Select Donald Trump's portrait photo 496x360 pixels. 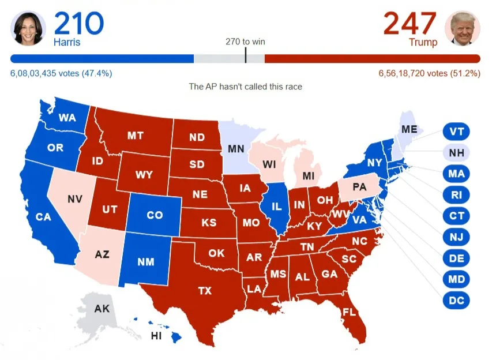click(462, 28)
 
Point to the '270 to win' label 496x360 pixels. click(245, 42)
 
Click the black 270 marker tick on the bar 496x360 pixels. click(246, 56)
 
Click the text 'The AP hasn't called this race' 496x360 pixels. click(246, 87)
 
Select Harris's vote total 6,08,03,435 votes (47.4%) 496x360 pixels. click(61, 73)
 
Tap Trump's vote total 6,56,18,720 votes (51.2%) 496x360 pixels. click(429, 73)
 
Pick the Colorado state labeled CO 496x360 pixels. click(154, 215)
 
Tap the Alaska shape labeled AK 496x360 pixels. click(102, 309)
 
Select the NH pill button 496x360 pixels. click(456, 153)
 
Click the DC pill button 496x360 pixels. click(456, 301)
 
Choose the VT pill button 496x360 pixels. click(456, 132)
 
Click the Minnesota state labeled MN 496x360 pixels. click(235, 148)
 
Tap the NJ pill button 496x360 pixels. click(456, 237)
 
